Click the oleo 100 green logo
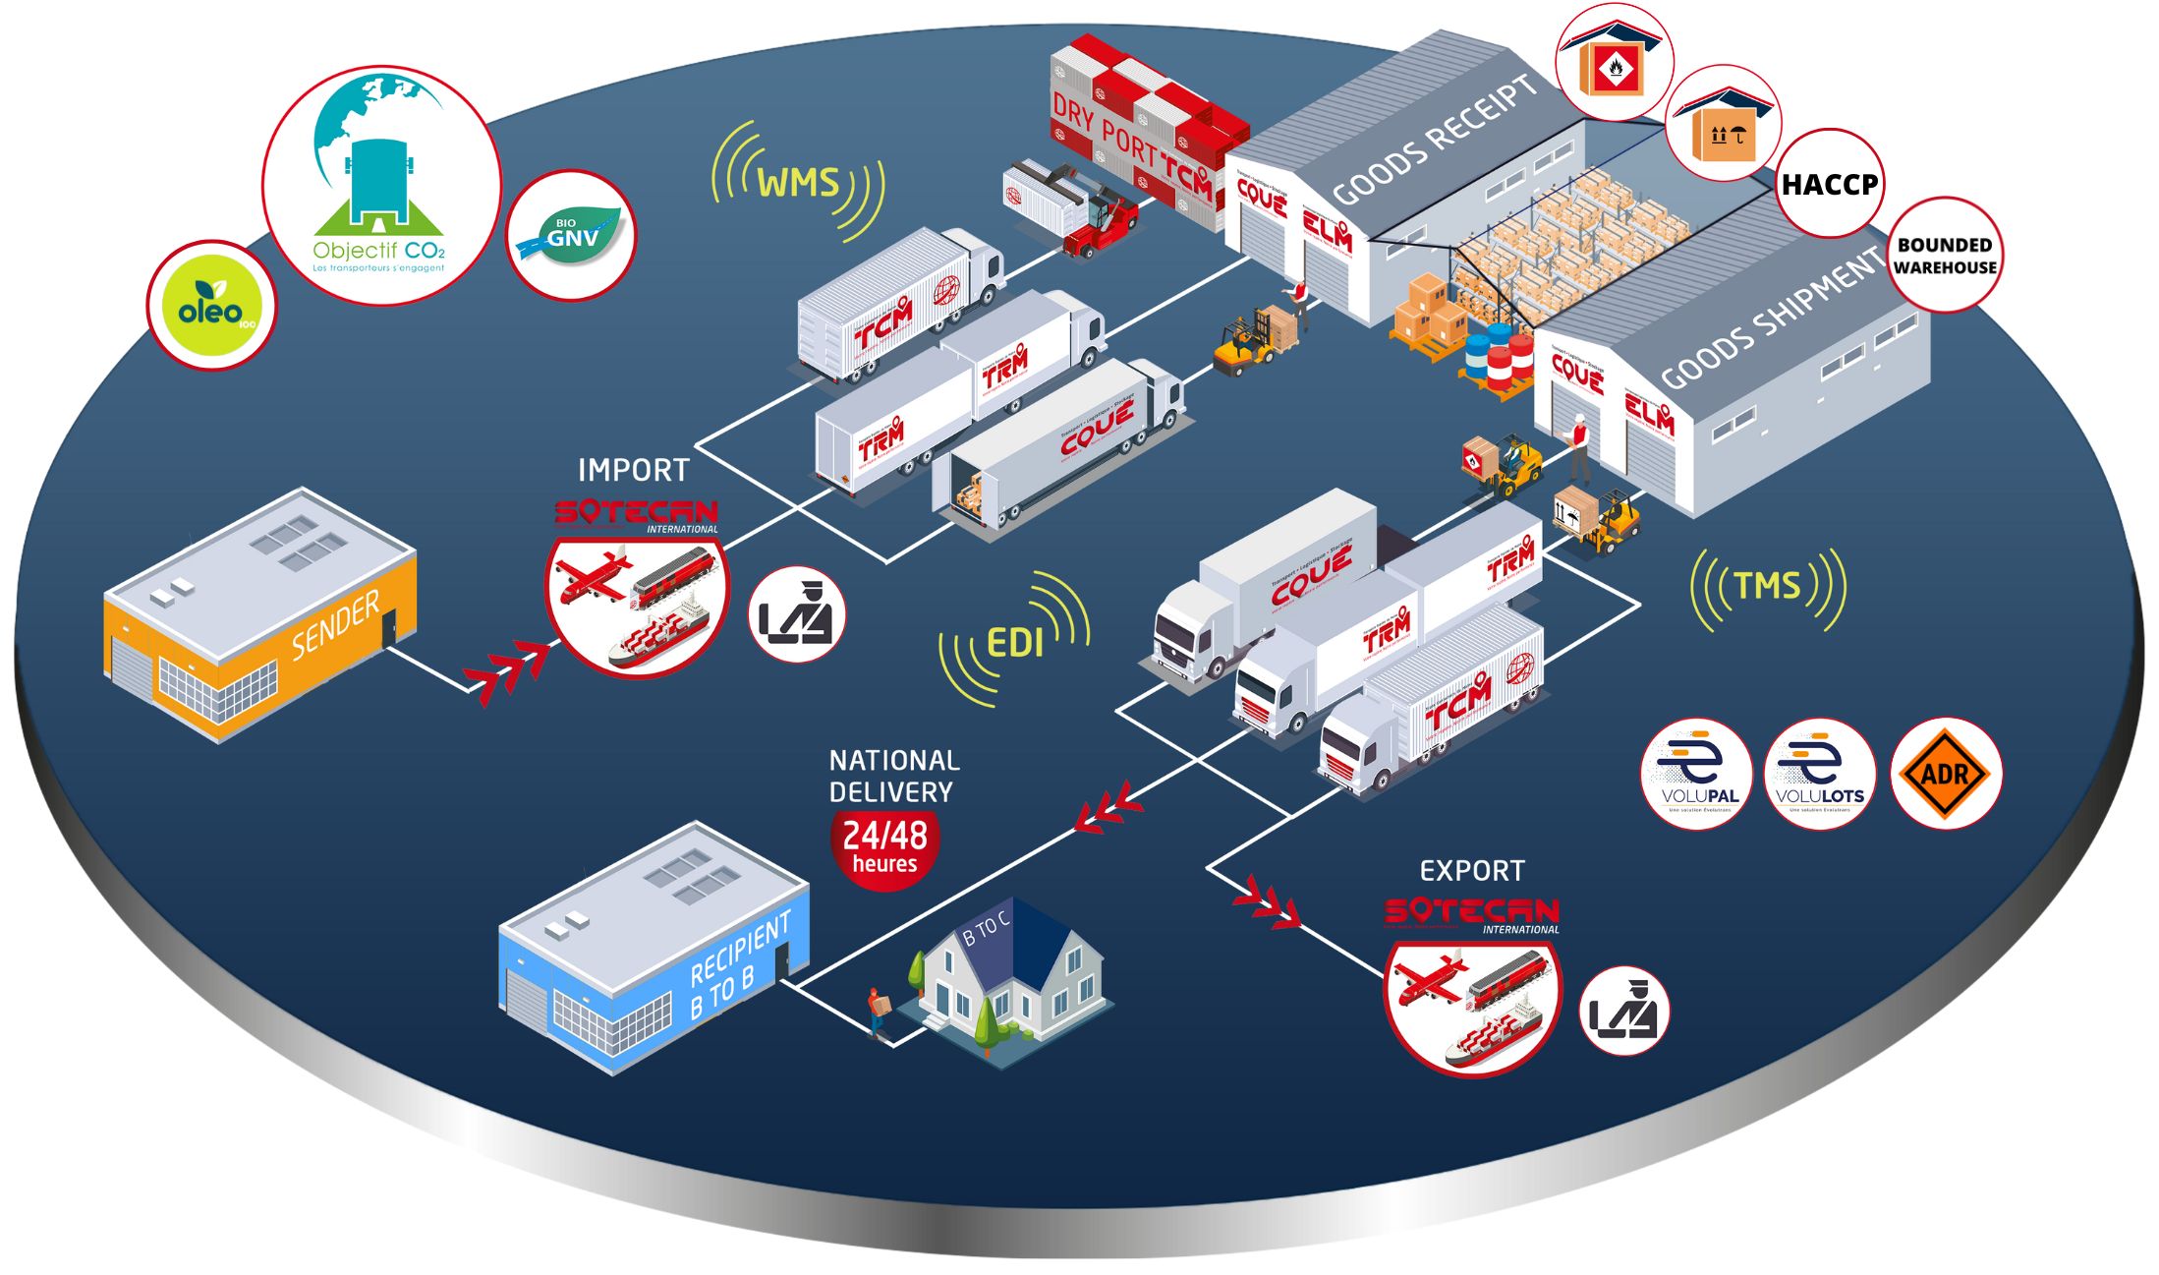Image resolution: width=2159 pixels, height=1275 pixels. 211,306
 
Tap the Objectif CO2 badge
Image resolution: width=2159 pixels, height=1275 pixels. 380,186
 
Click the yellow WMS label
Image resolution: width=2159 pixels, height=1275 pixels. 798,183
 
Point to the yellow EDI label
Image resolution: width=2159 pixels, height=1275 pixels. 1014,644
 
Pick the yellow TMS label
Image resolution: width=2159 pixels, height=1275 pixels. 1768,587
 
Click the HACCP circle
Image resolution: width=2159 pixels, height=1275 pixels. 1829,184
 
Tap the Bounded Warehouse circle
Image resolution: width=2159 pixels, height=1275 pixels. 1945,256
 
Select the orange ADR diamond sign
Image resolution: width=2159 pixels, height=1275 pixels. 1946,775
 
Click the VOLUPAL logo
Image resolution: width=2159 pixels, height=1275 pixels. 1697,775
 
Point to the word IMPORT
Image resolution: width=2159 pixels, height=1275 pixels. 634,470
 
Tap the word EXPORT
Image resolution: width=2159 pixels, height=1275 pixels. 1472,871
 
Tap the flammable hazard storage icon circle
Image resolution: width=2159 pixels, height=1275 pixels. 1614,64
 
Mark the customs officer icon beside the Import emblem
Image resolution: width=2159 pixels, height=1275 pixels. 796,615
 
